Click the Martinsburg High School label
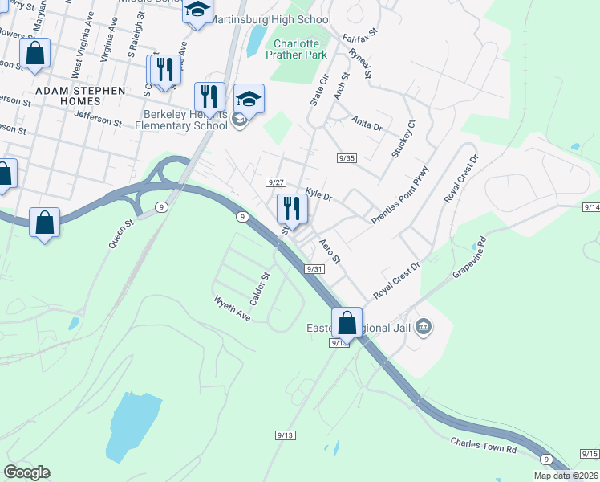[271, 19]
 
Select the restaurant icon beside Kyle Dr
[291, 209]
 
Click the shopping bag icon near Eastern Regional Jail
[347, 323]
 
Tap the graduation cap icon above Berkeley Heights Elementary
[249, 100]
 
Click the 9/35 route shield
[347, 158]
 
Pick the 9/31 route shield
[314, 269]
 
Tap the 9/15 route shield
[589, 454]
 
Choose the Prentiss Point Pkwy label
[401, 195]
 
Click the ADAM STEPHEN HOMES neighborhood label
[79, 91]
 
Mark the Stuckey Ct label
[403, 139]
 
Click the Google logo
[27, 472]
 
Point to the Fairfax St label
[359, 39]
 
